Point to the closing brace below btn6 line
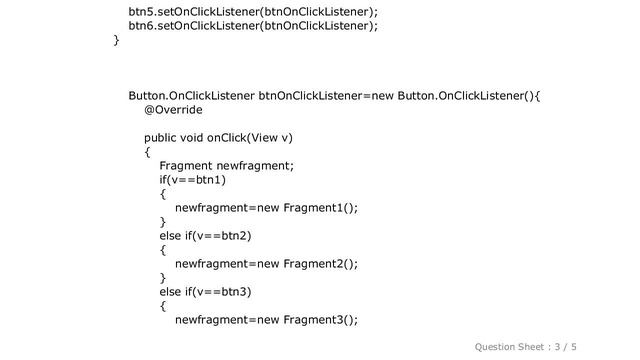coord(117,41)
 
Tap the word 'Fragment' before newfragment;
coord(185,166)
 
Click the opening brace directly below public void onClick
coord(148,152)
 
